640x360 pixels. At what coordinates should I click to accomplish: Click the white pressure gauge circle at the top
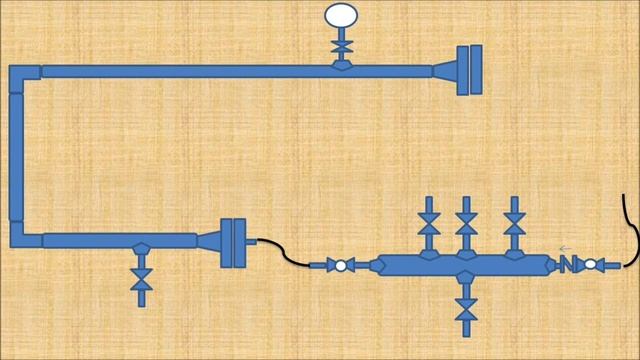tap(341, 15)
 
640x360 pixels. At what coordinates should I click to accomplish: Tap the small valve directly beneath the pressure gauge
tap(341, 46)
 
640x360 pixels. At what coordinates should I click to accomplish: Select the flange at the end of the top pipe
tap(469, 70)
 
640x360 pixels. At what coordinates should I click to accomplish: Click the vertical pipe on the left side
tap(16, 155)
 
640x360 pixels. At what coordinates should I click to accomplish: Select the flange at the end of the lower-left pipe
tap(232, 242)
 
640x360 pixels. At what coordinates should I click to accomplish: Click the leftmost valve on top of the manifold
tap(429, 224)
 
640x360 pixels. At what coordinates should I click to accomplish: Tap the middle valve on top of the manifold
tap(465, 224)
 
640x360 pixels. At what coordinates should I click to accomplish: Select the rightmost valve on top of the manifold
tap(515, 224)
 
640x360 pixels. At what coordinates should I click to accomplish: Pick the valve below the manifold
tap(465, 305)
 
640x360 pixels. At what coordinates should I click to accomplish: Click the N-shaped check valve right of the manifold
tap(567, 265)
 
